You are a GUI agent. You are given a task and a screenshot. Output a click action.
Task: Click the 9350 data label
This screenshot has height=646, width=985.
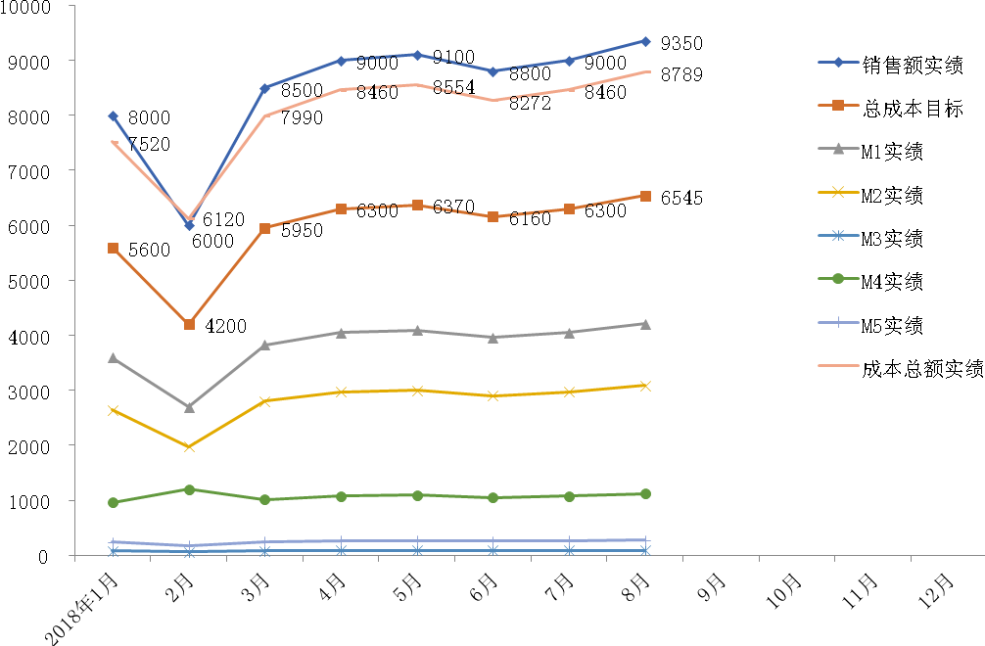(682, 43)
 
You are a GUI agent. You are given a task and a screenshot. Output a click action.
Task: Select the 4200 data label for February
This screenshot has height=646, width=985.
(225, 327)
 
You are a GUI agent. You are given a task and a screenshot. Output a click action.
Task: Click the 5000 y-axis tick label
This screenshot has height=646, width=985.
(42, 281)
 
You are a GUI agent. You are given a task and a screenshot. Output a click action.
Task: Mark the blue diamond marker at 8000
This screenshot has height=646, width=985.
(114, 116)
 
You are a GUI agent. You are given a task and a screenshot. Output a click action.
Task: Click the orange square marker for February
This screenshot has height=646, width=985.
(189, 324)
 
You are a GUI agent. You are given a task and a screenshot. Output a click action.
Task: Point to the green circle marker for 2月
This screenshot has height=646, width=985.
(189, 489)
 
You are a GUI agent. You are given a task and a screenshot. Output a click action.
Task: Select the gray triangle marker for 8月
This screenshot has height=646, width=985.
(645, 324)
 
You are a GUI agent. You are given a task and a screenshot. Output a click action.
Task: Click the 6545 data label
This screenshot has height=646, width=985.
(682, 199)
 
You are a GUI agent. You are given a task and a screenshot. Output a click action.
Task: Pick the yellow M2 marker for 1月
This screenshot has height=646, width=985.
(114, 411)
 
